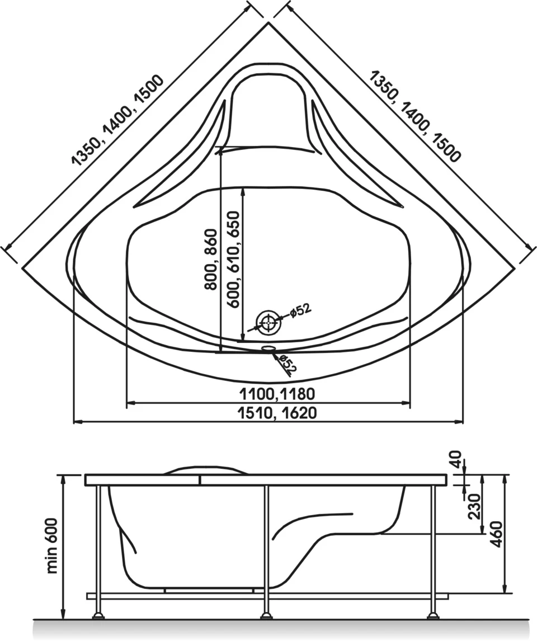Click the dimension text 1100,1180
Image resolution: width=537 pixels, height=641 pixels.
click(277, 394)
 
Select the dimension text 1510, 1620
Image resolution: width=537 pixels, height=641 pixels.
click(277, 412)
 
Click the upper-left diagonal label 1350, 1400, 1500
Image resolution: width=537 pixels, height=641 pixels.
click(117, 121)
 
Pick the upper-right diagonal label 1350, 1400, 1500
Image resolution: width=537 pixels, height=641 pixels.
click(415, 116)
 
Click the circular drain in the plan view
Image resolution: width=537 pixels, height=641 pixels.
click(268, 323)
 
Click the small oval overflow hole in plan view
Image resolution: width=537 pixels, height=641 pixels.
click(268, 348)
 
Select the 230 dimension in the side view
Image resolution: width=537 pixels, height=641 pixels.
click(474, 506)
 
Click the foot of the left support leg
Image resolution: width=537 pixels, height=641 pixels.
click(98, 616)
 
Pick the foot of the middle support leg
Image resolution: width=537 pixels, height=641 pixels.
click(266, 616)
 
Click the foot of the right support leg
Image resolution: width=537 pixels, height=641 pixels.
click(432, 616)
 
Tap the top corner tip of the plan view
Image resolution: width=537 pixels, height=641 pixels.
click(268, 23)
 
